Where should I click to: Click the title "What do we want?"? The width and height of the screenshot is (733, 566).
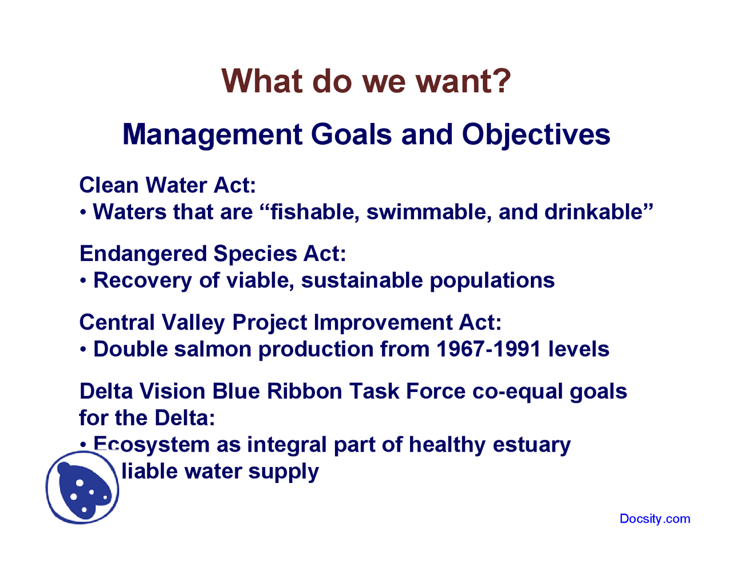(x=366, y=81)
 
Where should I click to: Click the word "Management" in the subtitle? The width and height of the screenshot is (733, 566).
(x=212, y=135)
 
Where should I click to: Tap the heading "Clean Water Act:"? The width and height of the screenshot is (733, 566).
(x=167, y=185)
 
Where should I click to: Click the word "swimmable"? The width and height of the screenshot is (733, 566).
(x=428, y=212)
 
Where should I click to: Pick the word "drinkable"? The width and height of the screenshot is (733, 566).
(x=596, y=212)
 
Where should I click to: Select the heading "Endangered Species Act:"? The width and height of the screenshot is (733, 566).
(x=212, y=254)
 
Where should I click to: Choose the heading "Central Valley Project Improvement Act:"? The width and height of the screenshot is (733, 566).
(x=290, y=322)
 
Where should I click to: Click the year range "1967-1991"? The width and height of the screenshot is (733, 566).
(x=488, y=349)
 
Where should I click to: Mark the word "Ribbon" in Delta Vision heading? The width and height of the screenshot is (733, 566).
(x=305, y=391)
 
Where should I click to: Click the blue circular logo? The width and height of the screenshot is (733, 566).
(x=82, y=488)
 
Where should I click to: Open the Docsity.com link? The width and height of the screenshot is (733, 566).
(x=655, y=519)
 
